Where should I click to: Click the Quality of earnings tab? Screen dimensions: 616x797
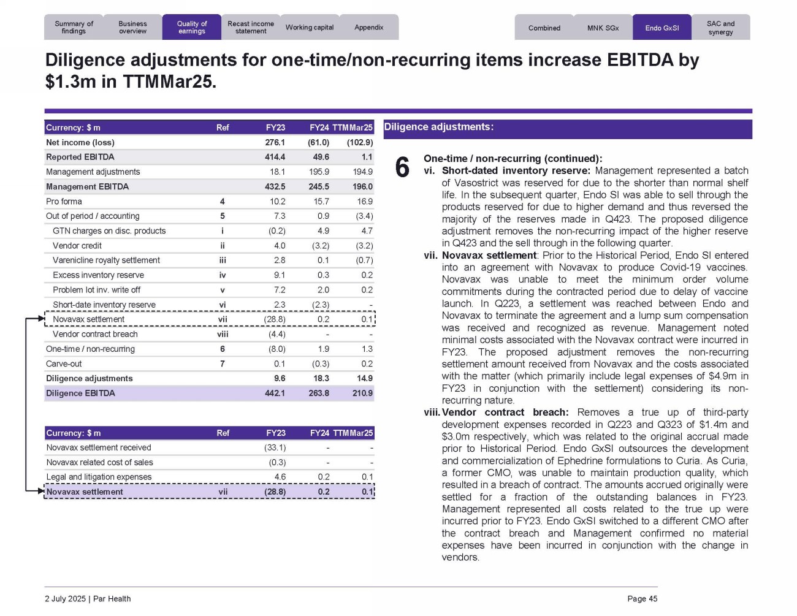point(192,28)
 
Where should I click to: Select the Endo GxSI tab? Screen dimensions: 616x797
point(662,28)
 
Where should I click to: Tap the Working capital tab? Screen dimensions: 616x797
point(310,28)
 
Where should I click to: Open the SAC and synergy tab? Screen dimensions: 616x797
point(720,28)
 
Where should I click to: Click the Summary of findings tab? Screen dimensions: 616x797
point(74,28)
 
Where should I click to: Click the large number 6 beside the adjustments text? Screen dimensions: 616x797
point(402,167)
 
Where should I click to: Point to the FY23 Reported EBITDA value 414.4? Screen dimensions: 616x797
point(275,157)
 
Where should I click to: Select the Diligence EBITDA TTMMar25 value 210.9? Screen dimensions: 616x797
point(362,393)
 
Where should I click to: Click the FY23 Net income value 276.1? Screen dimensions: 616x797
point(275,142)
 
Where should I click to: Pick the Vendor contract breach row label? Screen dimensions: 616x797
point(95,334)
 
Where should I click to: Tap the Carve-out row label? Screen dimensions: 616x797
point(64,363)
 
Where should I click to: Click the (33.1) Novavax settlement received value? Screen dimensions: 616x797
point(275,447)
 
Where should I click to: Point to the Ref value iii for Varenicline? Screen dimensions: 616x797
point(223,260)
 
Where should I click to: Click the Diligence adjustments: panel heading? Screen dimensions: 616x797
point(438,127)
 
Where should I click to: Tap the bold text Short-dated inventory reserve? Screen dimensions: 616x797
point(516,170)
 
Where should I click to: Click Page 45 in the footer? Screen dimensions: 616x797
point(642,599)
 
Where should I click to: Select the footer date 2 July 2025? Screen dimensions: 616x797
point(66,599)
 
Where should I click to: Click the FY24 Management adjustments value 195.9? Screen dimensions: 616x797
point(319,172)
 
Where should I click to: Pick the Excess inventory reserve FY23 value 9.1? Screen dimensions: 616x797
point(279,275)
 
